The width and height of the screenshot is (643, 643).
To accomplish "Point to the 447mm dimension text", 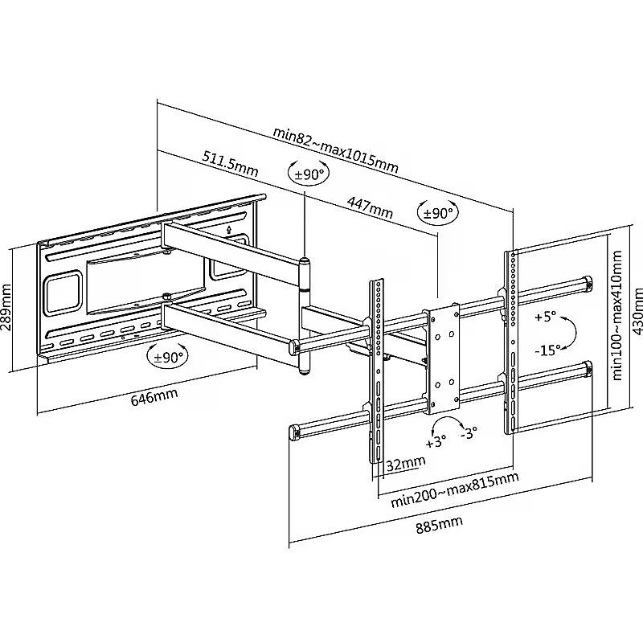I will point(371,206).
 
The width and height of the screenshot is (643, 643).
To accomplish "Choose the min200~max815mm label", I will point(454,490).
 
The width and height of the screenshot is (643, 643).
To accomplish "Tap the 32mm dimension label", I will point(406,464).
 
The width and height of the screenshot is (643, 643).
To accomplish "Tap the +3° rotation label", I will point(436,443).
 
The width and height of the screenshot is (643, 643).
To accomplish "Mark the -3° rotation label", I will point(469,432).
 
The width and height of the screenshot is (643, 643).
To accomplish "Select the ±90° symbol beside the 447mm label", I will point(437,214).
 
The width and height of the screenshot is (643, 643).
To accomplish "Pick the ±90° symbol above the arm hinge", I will point(309,174).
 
